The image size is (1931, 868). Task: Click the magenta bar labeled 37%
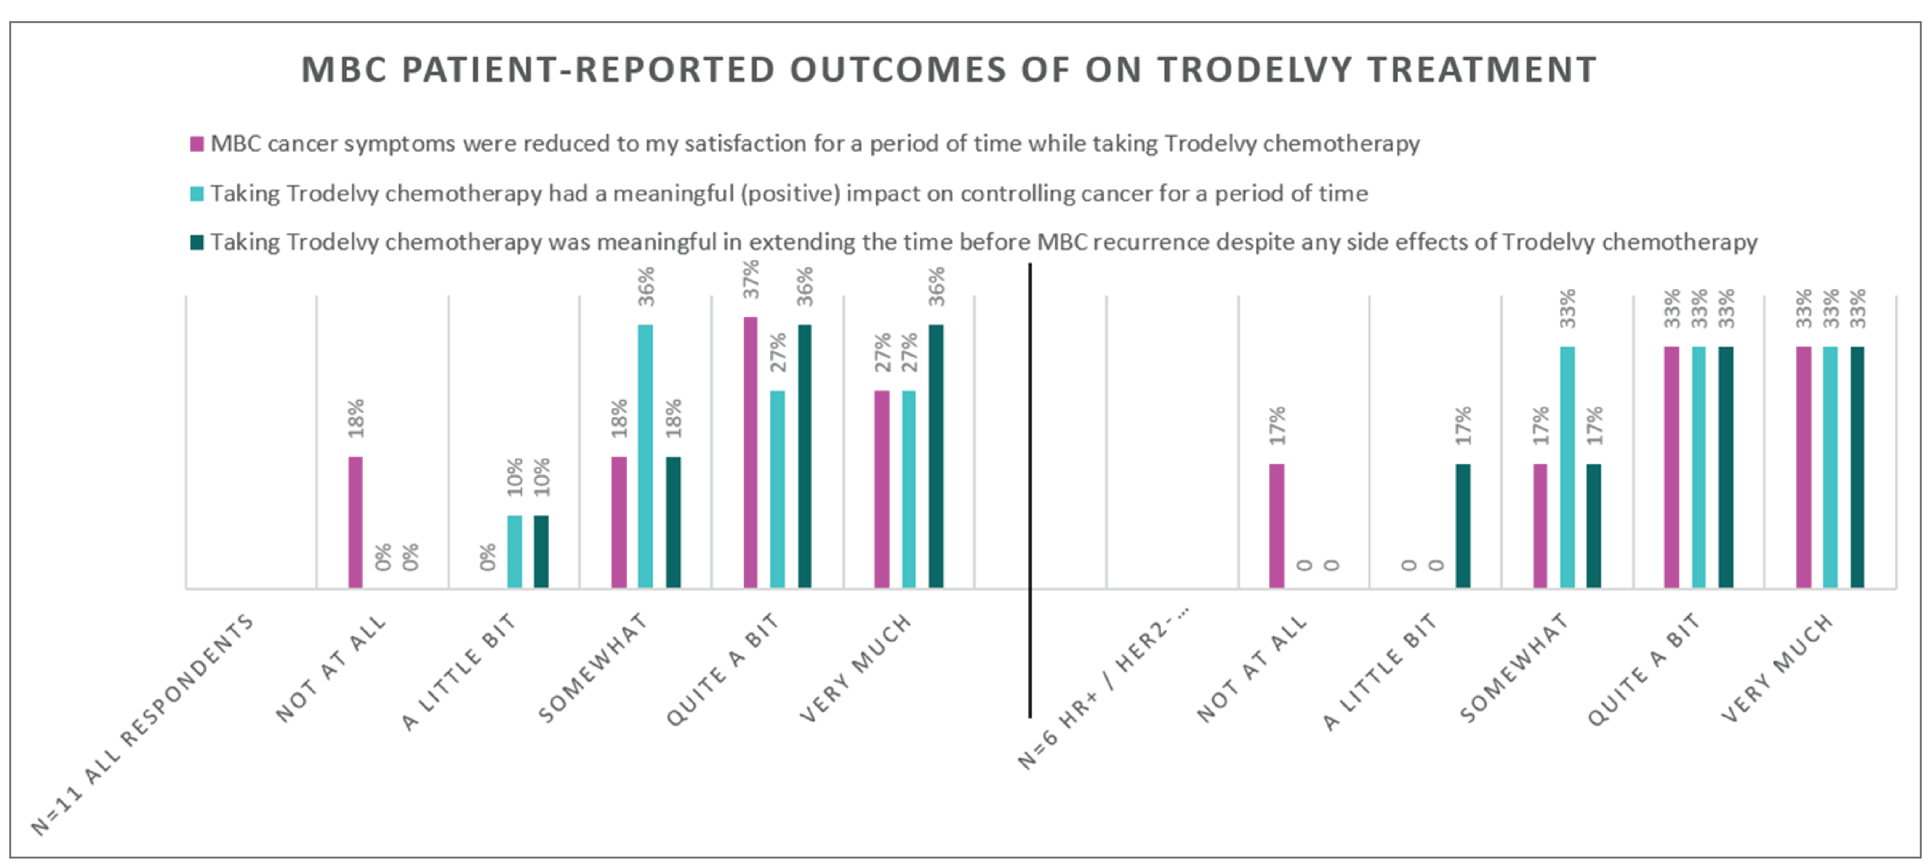tap(749, 452)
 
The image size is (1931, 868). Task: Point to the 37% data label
tap(751, 279)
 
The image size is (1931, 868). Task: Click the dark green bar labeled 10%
tap(541, 551)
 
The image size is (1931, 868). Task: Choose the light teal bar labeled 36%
tap(645, 456)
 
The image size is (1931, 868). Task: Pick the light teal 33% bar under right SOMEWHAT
tap(1567, 467)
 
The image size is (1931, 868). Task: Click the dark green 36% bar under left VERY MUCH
tap(936, 456)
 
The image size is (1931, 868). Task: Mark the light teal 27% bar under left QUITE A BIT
tap(777, 489)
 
